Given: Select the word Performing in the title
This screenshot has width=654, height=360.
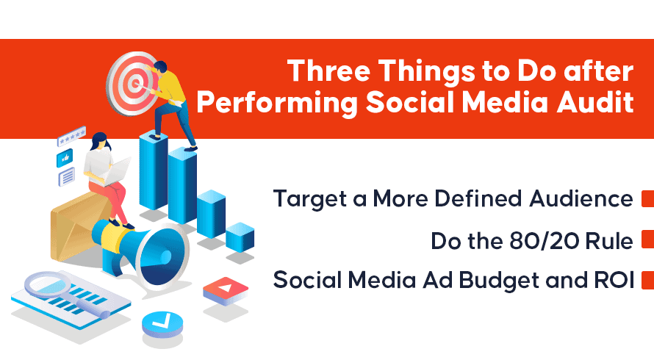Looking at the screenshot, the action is click(x=277, y=103).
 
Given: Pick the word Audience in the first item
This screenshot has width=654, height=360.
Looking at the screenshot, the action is click(x=581, y=198).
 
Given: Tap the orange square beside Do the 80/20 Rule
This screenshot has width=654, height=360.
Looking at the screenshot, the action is click(x=647, y=240).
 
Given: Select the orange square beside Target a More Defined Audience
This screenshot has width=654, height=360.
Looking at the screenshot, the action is click(x=647, y=198).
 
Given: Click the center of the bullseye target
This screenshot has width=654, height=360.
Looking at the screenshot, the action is click(x=134, y=84).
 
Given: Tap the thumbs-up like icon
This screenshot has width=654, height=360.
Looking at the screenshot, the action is click(x=65, y=158).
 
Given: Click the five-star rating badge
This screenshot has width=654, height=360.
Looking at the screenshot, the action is click(x=71, y=136).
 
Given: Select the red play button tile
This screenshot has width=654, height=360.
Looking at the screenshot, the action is click(x=226, y=290).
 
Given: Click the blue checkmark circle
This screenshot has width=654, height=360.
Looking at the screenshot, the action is click(x=162, y=324).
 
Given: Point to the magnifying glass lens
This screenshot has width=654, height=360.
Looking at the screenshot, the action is click(x=48, y=285).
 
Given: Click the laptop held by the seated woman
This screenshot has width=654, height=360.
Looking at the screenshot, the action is click(x=116, y=171).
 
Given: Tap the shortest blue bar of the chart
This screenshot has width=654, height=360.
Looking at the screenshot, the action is click(x=240, y=237).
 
